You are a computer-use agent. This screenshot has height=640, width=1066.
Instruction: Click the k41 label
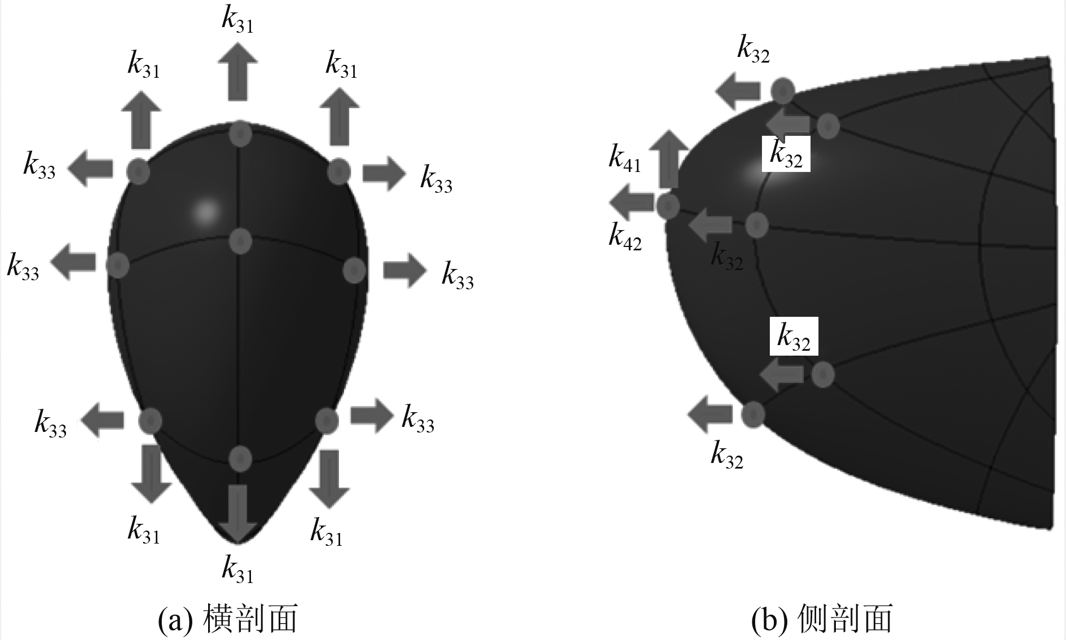pos(624,158)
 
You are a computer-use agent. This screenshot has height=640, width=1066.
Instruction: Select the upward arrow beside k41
pos(669,158)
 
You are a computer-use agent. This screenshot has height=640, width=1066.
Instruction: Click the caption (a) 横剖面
pos(228,619)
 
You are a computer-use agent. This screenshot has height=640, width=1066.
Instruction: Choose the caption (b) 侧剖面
pos(822,619)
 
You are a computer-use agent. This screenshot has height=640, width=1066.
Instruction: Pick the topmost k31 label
pos(237,20)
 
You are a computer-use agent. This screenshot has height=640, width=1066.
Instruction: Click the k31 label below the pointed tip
pos(237,569)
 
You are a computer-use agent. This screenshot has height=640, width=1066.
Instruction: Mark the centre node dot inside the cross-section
pos(241,241)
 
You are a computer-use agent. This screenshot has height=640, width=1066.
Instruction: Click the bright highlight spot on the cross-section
pos(206,212)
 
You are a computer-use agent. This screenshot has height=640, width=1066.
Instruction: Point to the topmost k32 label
pos(754,50)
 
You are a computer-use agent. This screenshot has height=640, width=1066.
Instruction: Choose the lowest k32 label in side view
pos(727,455)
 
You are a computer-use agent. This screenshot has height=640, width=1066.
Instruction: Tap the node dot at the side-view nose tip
pos(668,206)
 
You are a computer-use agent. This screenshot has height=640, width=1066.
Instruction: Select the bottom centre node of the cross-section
pos(240,458)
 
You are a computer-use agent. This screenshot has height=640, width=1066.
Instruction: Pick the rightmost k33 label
pos(457,276)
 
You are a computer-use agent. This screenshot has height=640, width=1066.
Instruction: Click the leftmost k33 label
pos(23,267)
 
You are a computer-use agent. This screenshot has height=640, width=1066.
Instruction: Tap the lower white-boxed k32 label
pos(794,338)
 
